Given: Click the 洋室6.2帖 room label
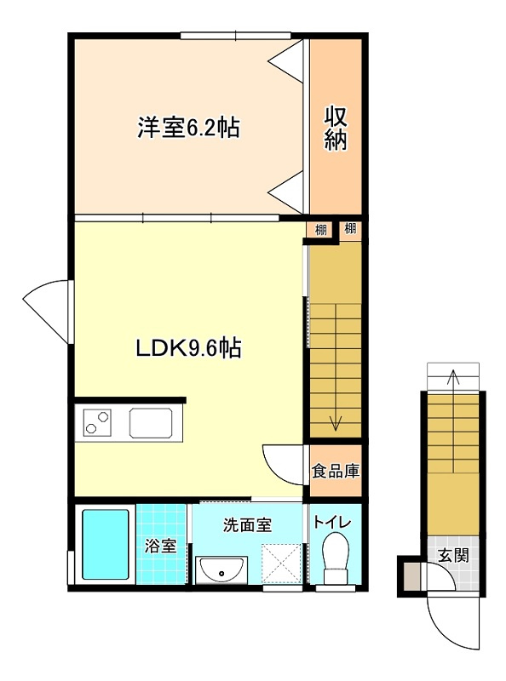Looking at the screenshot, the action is (x=188, y=127).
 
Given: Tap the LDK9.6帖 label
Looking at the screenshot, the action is (x=188, y=348).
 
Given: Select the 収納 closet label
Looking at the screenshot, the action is (x=336, y=129).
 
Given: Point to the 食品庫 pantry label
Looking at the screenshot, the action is (x=336, y=471).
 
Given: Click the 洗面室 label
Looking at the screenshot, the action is (x=247, y=525).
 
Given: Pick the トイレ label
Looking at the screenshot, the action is (x=332, y=523).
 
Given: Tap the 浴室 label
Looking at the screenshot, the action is (x=160, y=546).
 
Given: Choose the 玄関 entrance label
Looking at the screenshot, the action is (x=453, y=555).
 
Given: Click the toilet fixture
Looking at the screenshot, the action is (x=336, y=558).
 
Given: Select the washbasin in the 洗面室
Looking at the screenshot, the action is (x=221, y=569).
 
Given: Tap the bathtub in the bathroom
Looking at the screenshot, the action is (x=106, y=544).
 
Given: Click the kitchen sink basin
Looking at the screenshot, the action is (x=151, y=423).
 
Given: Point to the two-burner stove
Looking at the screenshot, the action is (x=97, y=422).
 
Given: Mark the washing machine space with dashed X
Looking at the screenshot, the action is (x=281, y=564).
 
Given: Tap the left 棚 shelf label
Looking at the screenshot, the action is (x=320, y=229).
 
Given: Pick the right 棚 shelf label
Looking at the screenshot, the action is (x=350, y=228).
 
